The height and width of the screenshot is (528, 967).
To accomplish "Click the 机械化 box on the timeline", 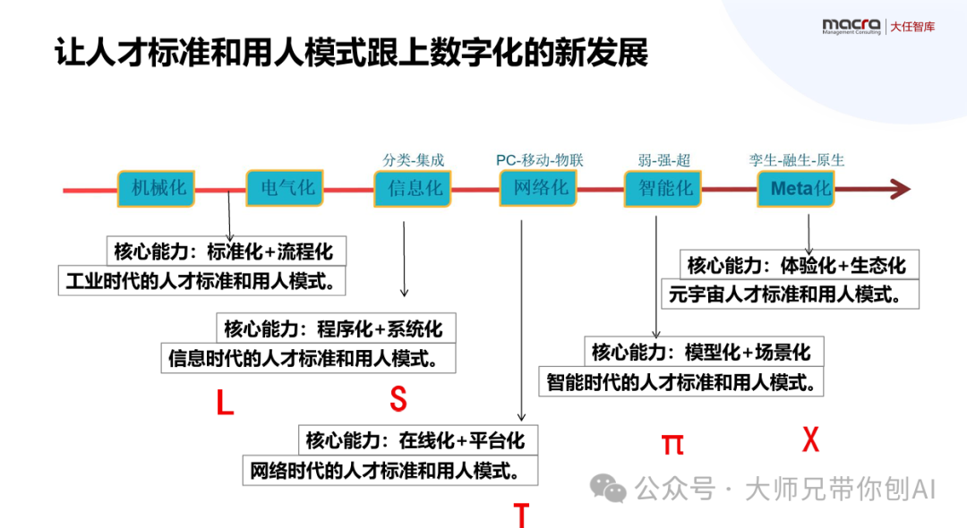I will [x=157, y=189].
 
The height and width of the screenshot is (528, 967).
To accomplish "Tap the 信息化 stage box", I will [x=413, y=189].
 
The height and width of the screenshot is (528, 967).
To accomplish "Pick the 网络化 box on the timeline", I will [x=539, y=189].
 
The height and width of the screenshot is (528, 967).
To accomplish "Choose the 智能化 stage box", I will [x=663, y=189].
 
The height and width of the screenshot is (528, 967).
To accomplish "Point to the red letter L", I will [x=225, y=403].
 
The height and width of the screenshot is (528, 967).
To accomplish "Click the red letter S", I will [x=398, y=399].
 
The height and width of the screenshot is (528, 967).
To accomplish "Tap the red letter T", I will [x=521, y=515].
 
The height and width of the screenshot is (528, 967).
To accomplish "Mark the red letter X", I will [x=810, y=439].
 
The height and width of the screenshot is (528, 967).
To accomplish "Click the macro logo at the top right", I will [x=851, y=26].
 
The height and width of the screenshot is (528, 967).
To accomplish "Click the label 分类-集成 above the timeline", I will [x=414, y=160].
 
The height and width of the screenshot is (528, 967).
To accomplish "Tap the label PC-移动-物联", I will [x=540, y=160].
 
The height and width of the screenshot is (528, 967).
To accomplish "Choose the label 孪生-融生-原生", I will [x=797, y=160].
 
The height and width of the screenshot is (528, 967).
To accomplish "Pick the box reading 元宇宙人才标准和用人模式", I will [x=791, y=294].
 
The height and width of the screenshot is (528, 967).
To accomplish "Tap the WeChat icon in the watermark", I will [x=608, y=488].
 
